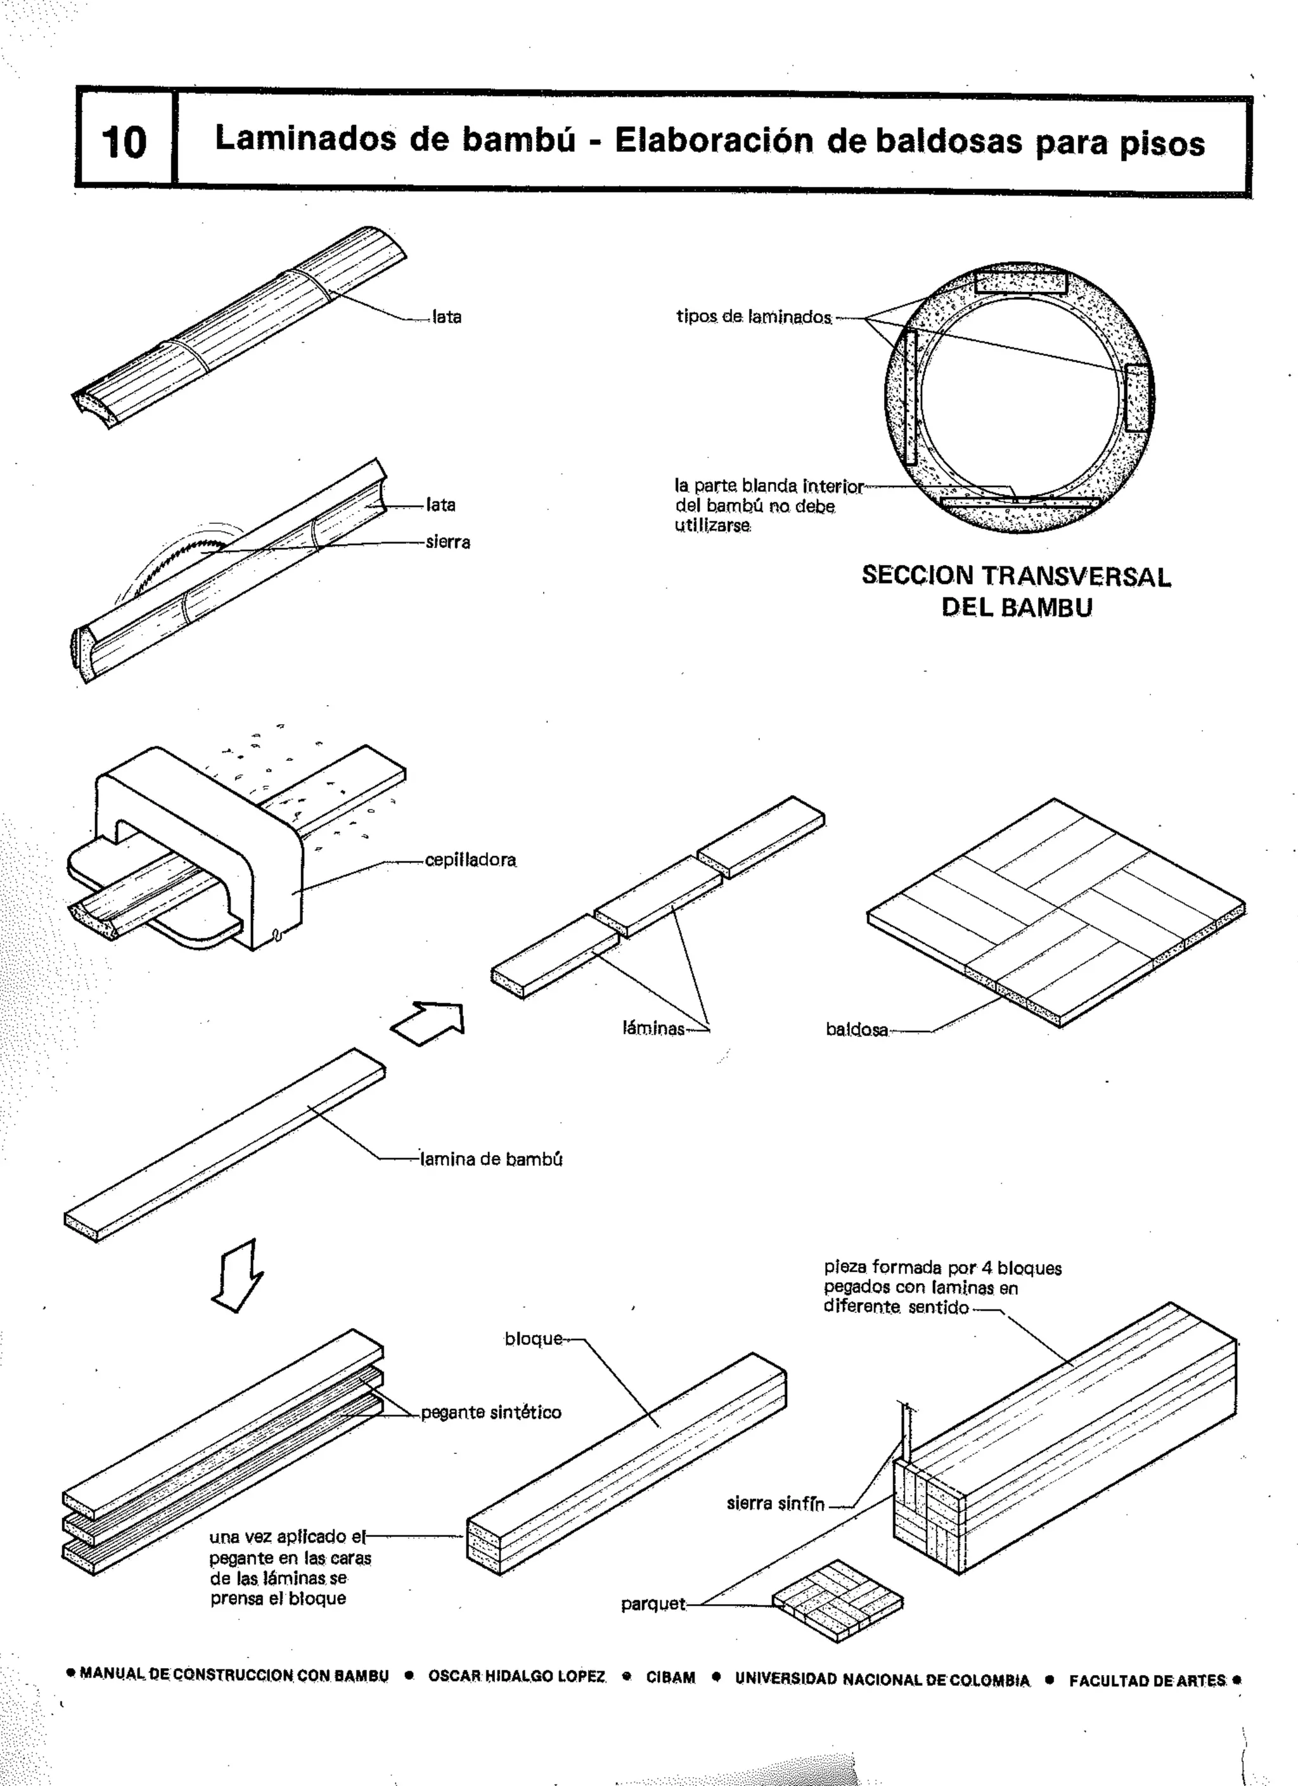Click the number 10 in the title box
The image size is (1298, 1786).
(x=124, y=143)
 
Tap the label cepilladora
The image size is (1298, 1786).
(x=470, y=860)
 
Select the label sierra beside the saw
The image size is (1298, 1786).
(x=447, y=542)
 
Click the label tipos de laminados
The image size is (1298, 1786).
(x=754, y=317)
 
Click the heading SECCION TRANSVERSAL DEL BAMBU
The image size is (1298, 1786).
(x=1016, y=591)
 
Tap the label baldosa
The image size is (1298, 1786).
(x=857, y=1030)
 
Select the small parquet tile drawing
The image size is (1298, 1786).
(x=838, y=1602)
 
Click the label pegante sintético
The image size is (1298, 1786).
(x=491, y=1412)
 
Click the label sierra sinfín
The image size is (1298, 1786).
(x=775, y=1503)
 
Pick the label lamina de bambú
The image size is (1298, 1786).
(x=491, y=1159)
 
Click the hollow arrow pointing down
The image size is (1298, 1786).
(x=239, y=1277)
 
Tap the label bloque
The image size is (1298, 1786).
(x=533, y=1339)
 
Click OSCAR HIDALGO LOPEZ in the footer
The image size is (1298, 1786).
(x=517, y=1676)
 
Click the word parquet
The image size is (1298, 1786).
(x=653, y=1604)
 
